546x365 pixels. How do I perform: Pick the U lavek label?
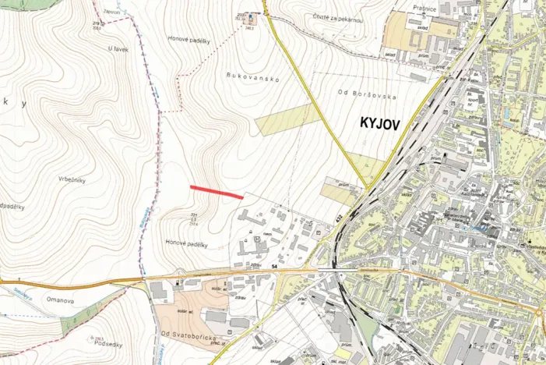click(x=118, y=48)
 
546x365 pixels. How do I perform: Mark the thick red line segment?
click(x=217, y=191)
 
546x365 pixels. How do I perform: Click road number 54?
click(x=274, y=267)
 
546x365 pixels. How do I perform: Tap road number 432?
click(x=339, y=221)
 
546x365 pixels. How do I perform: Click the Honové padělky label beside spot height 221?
click(x=186, y=244)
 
